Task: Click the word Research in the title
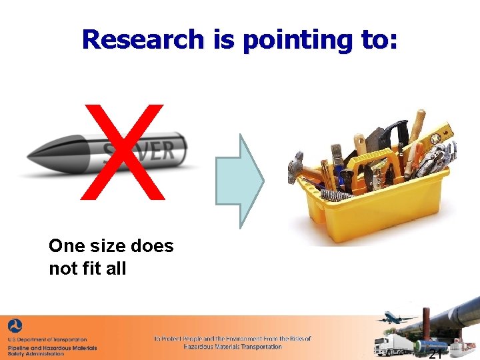[143, 39]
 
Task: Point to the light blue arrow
[240, 181]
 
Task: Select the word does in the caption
[152, 246]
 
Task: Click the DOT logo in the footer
[15, 327]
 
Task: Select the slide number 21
[435, 353]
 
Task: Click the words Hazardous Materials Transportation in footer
[233, 347]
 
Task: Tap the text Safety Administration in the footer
[36, 354]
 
